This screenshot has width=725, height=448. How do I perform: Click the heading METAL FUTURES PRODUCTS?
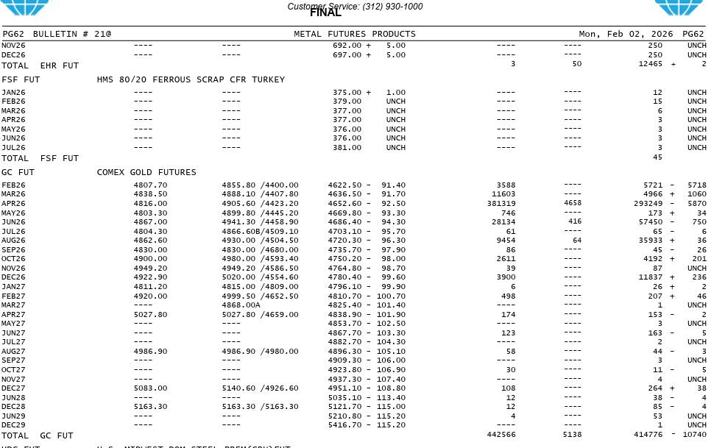355,34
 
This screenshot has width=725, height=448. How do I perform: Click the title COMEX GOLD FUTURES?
146,172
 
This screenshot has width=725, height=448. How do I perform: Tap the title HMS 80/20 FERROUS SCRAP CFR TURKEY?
191,79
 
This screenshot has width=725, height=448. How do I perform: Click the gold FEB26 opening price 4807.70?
150,185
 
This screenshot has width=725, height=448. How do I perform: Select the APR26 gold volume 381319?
501,204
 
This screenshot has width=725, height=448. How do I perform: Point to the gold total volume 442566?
501,435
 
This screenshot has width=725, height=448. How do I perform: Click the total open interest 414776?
648,435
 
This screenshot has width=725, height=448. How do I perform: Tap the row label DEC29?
13,425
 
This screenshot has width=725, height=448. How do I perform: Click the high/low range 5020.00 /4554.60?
260,277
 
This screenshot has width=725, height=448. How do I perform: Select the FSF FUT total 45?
657,157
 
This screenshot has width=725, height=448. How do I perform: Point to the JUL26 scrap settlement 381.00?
347,148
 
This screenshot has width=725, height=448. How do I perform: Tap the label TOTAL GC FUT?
38,436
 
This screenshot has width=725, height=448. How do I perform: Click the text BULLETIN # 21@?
72,34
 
